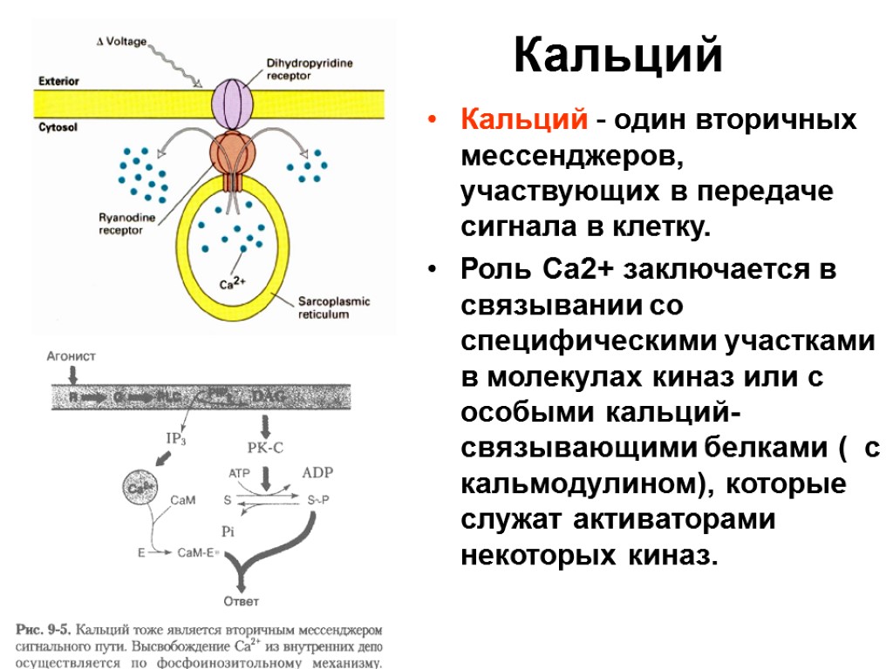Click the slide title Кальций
tap(618, 57)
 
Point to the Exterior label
tap(59, 81)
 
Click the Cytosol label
tap(58, 127)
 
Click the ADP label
tap(317, 472)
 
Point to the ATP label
tap(241, 473)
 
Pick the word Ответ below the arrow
tap(242, 601)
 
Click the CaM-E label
tap(196, 551)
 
